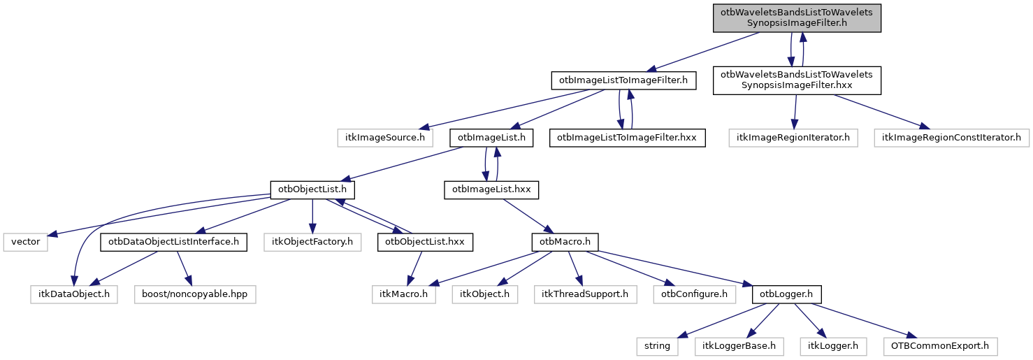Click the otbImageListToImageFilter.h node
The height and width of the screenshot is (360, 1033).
coord(624,81)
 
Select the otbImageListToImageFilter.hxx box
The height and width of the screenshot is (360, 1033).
coord(627,138)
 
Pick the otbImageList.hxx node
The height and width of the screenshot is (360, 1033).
coord(492,189)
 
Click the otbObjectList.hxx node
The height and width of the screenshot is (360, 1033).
coord(425,243)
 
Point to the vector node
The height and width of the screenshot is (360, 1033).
coord(26,243)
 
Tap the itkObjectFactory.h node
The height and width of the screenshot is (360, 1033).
coord(312,243)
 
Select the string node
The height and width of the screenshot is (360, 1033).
coord(658,346)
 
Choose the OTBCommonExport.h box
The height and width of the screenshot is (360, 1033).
coord(940,346)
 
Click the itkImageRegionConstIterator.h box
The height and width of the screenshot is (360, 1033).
coord(951,138)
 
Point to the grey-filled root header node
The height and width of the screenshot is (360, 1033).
coord(797,18)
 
